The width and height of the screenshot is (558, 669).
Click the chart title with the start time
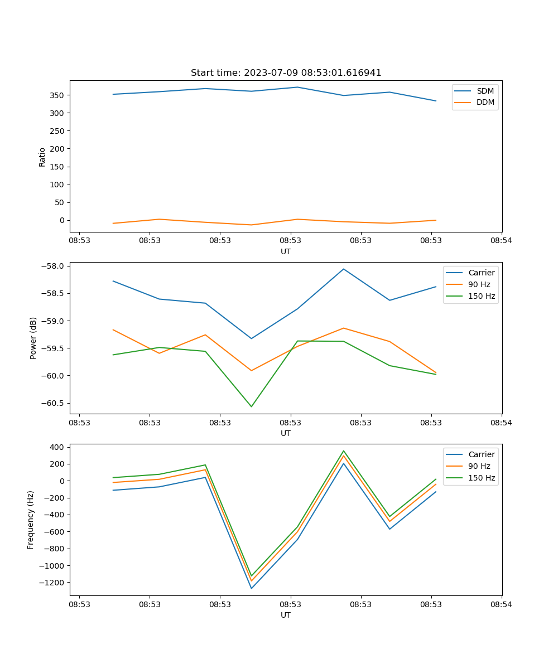pos(286,73)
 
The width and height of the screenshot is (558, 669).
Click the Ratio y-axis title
pos(42,157)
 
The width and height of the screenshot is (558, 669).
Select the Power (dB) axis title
pos(33,338)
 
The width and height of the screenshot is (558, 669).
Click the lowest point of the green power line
pos(251,406)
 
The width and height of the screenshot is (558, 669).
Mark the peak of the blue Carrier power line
pos(344,269)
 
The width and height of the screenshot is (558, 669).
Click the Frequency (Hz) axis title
pos(31,520)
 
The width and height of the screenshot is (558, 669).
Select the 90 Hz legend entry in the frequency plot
pos(479,466)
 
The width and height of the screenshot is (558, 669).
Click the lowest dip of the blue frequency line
pos(251,588)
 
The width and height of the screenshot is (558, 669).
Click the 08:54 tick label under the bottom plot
pos(501,604)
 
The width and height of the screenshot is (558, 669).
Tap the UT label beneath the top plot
pos(286,251)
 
